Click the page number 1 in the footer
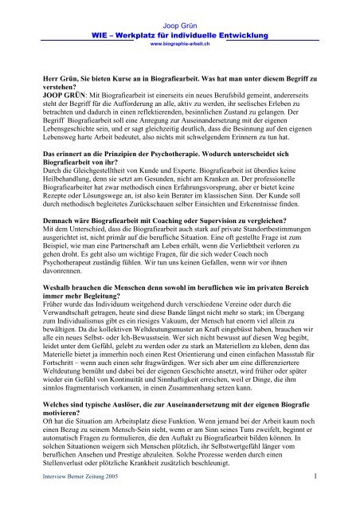[338, 499]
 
